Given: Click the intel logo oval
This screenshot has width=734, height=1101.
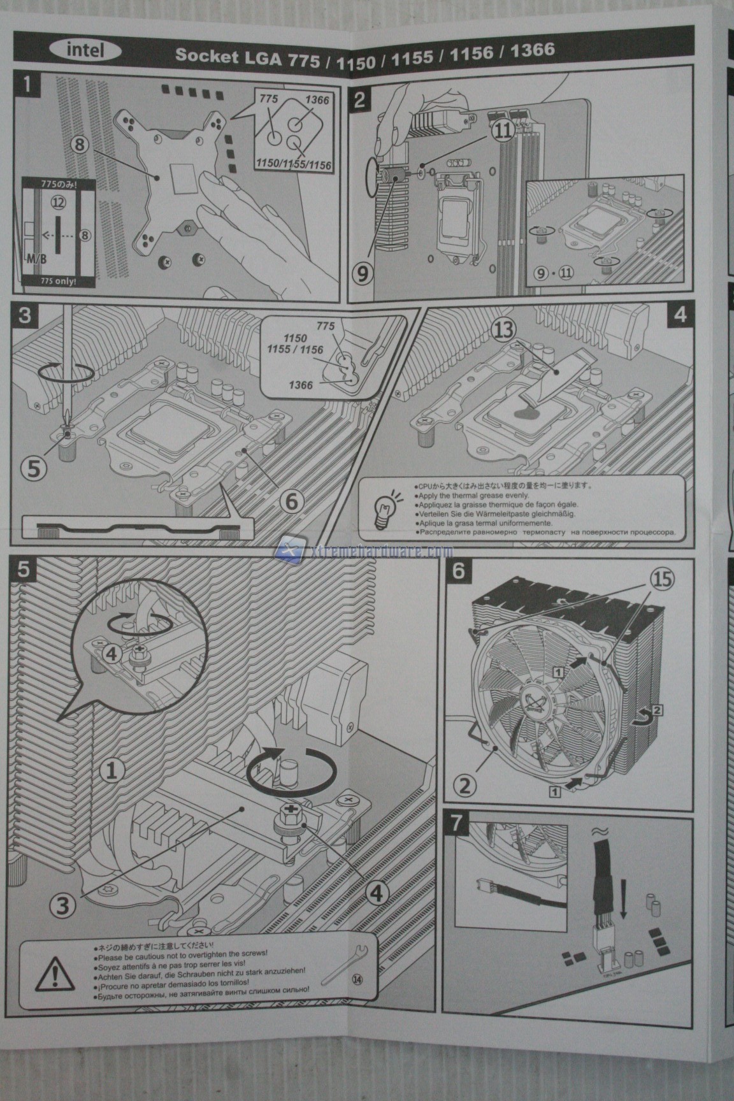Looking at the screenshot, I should tap(85, 50).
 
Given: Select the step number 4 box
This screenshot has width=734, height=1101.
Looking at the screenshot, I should tap(679, 314).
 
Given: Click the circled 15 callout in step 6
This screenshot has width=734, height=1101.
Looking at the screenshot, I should tap(661, 579).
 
